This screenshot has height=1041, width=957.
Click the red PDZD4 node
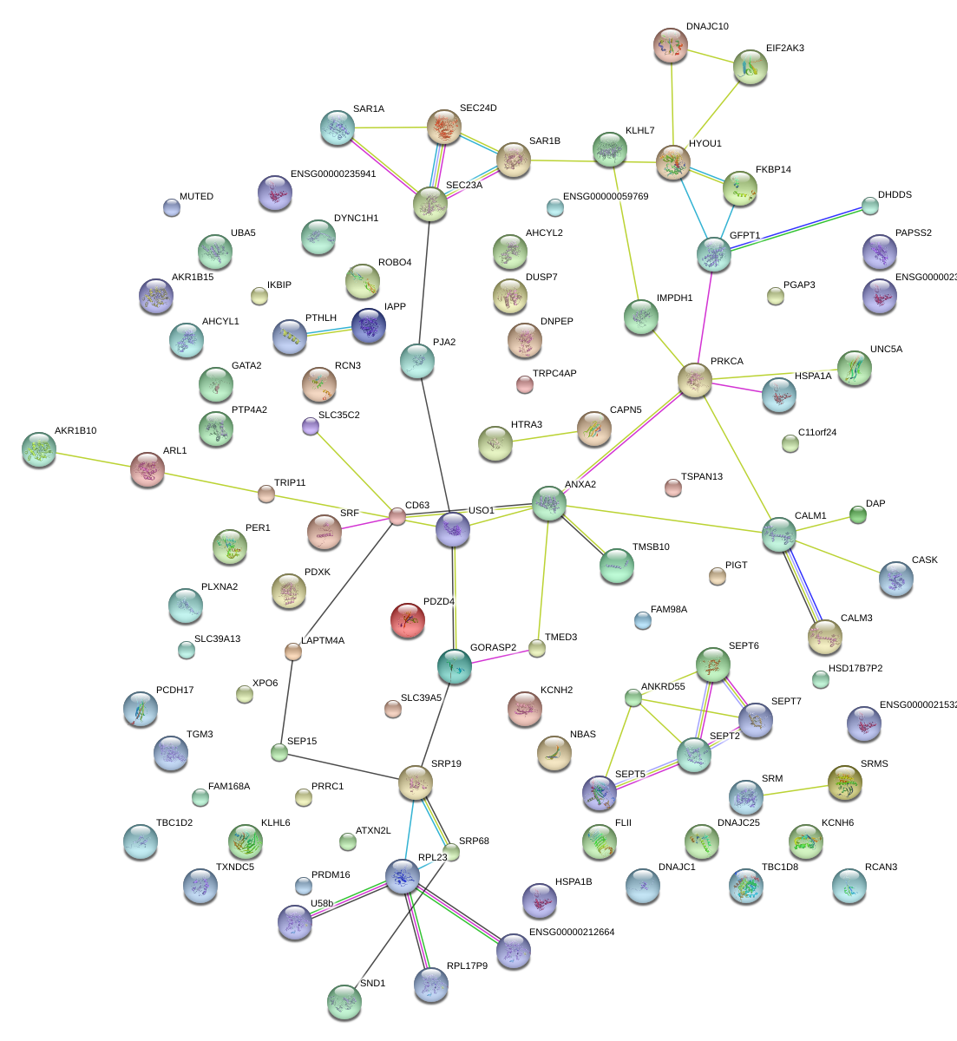(407, 620)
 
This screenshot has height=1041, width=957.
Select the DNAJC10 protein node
(670, 45)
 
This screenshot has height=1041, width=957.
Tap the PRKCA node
(694, 380)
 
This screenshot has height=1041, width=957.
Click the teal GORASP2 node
(455, 665)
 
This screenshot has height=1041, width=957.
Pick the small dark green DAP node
(857, 515)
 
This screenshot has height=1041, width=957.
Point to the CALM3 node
(824, 637)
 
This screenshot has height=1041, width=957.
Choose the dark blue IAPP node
(369, 325)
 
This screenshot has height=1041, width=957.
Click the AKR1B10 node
(38, 449)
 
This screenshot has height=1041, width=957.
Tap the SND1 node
(344, 1002)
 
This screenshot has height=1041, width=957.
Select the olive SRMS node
(844, 782)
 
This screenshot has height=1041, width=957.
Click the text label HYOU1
(705, 143)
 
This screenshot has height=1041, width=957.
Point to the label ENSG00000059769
(606, 197)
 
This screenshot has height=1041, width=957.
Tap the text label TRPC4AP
(554, 374)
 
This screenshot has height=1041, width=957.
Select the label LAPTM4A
(323, 641)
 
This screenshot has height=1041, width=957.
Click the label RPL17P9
(467, 966)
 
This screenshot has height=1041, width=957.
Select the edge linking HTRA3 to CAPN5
(544, 436)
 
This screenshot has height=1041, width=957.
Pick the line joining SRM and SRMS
(795, 789)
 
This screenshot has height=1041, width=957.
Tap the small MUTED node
(172, 207)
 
